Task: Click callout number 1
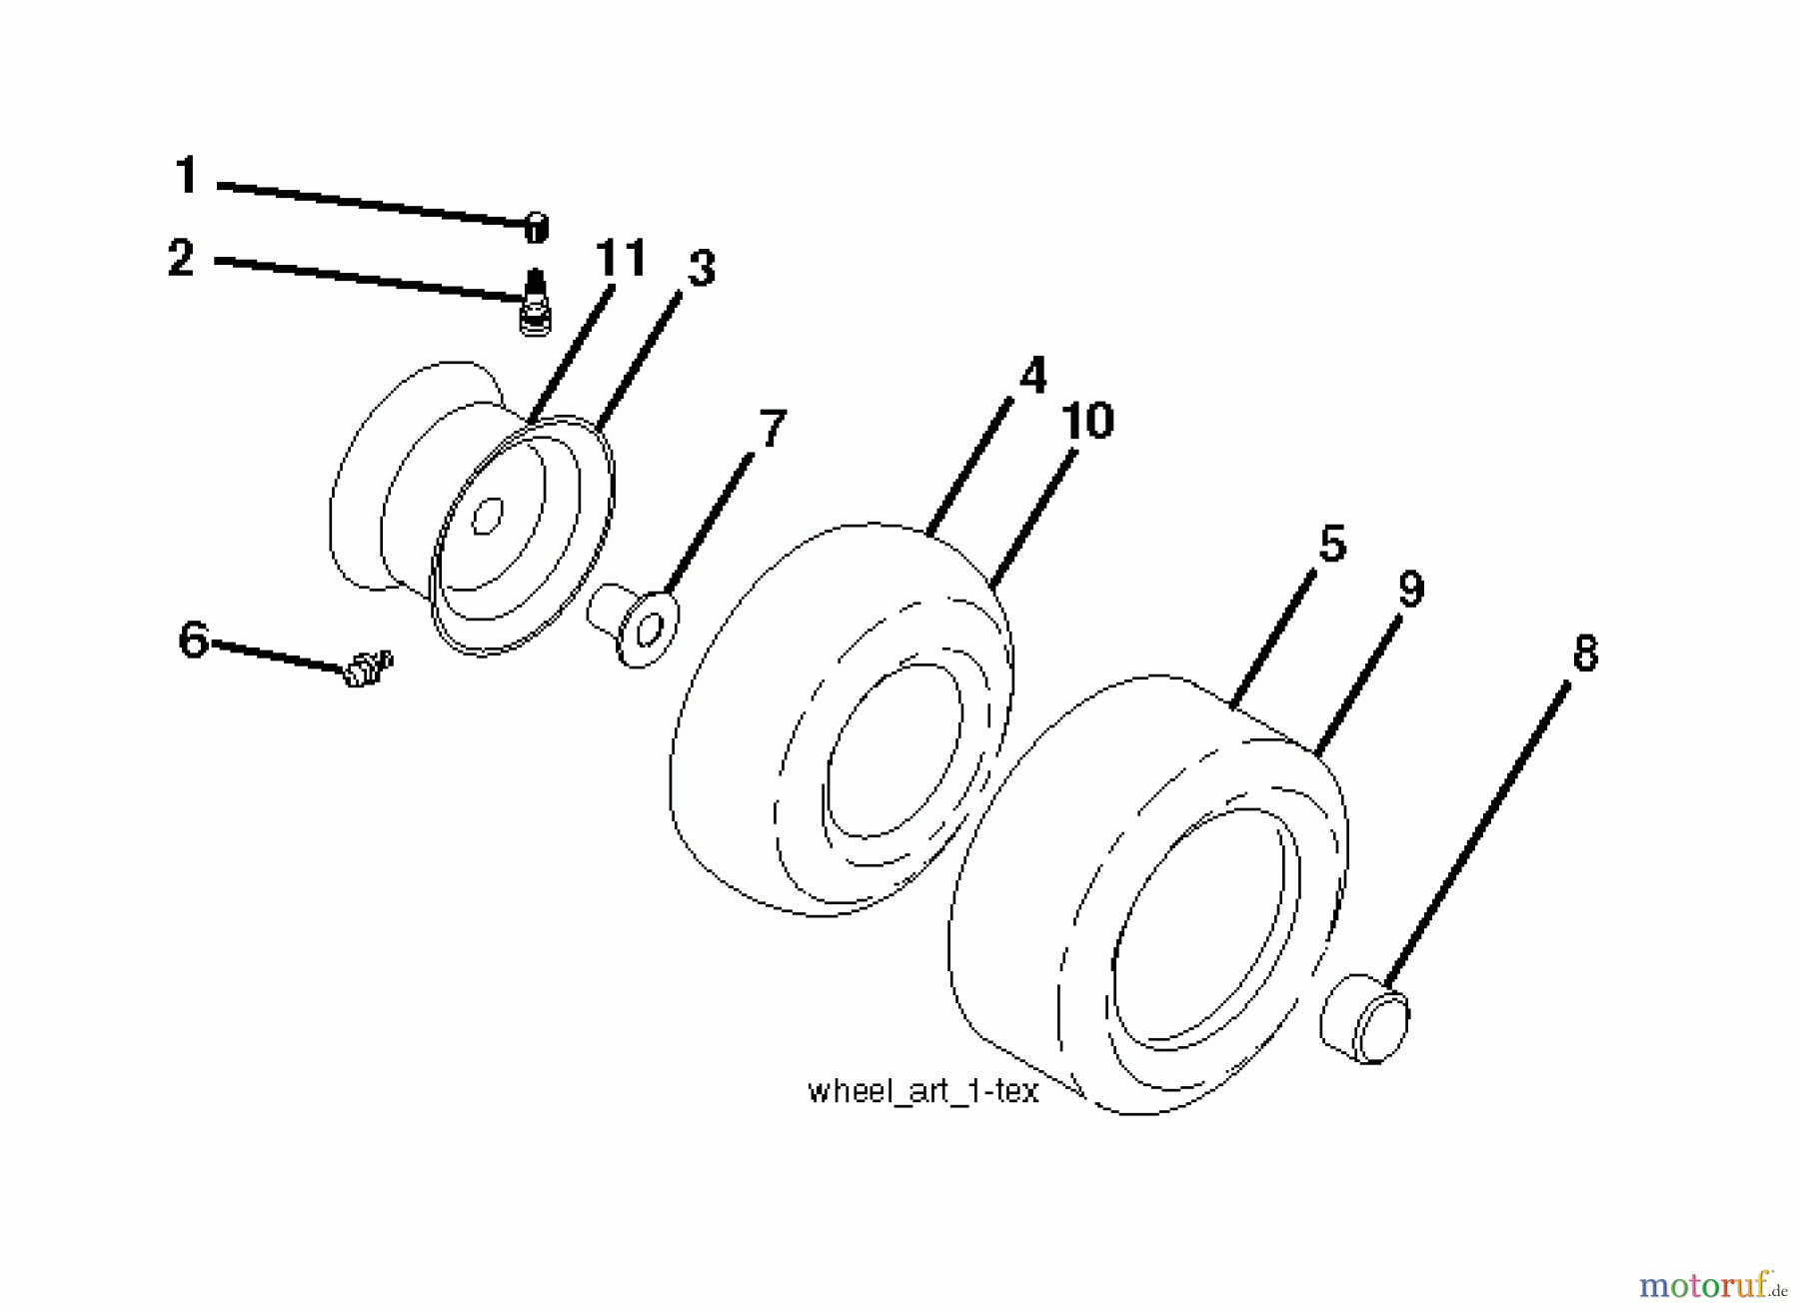tap(187, 176)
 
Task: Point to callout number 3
tap(702, 269)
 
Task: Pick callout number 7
tap(773, 429)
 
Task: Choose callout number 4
tap(1033, 375)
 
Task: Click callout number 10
tap(1087, 421)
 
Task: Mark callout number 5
tap(1332, 544)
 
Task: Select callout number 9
tap(1410, 590)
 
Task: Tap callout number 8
tap(1585, 654)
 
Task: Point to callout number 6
tap(194, 640)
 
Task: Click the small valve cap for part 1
tap(537, 228)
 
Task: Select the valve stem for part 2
tap(536, 303)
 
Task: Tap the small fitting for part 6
tap(368, 667)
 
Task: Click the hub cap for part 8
tap(1364, 1017)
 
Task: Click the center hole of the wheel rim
tap(488, 518)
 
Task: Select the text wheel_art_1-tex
tap(923, 1091)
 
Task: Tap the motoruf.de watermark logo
tap(1712, 1282)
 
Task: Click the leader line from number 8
tap(1476, 836)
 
